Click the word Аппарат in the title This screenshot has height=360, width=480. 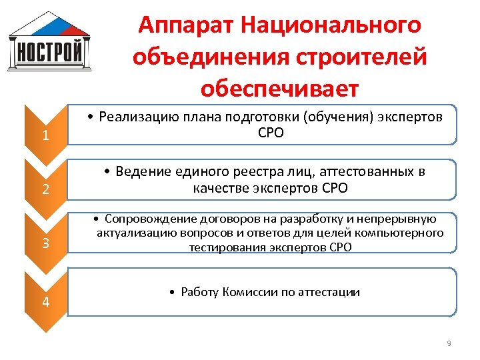coord(183,26)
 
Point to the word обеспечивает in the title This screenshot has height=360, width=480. coord(279,88)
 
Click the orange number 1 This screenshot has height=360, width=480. coord(45,137)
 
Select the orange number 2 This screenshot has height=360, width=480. coord(45,189)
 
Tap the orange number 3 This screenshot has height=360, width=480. coord(45,243)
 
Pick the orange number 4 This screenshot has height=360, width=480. coord(45,301)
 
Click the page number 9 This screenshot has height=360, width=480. coord(449,343)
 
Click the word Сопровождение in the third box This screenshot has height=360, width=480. coord(147,219)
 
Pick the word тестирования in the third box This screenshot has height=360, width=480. coord(222,247)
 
